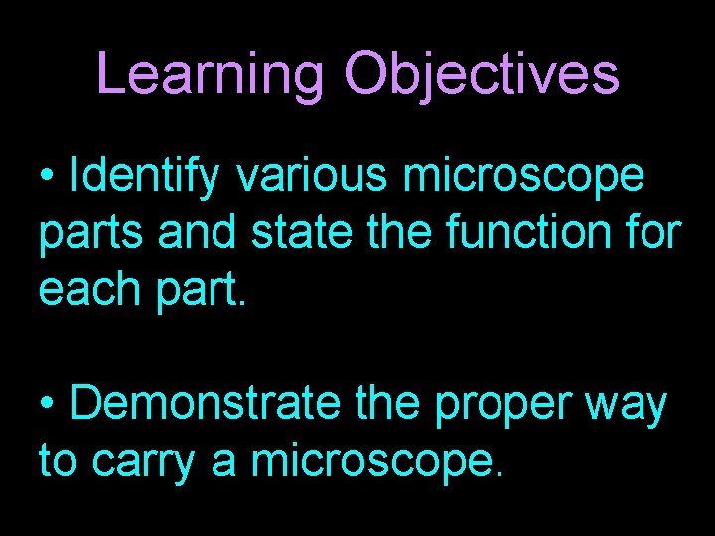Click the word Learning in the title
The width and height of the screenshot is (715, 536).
(212, 75)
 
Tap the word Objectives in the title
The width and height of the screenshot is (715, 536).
(482, 75)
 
